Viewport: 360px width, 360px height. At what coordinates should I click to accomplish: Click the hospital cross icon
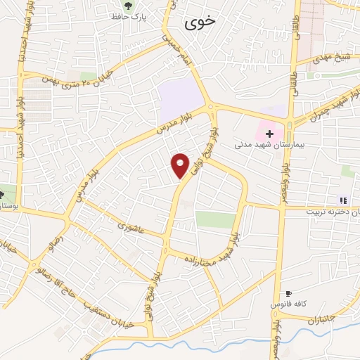tap(269, 132)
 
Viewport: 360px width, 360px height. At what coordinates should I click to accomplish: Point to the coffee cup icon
tap(288, 293)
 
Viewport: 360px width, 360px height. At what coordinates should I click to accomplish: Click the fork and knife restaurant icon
tap(342, 200)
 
